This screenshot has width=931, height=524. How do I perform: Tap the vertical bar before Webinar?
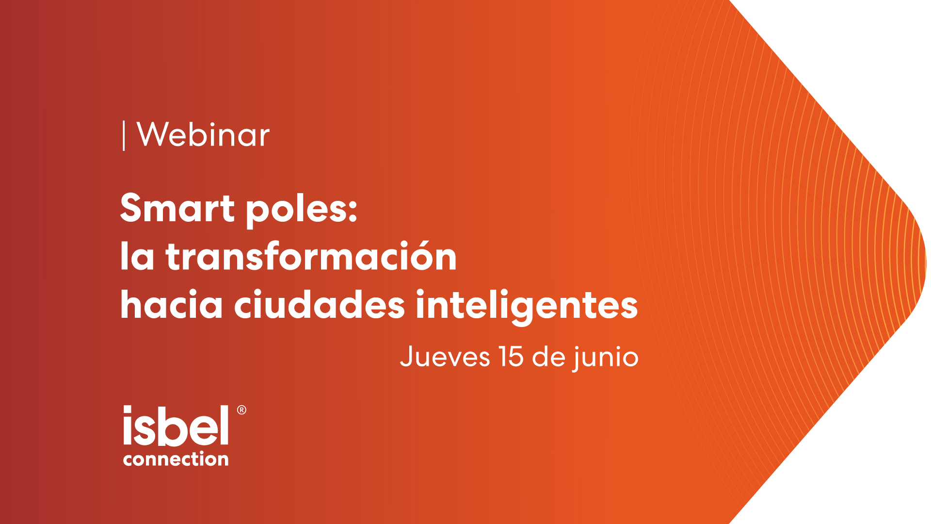124,136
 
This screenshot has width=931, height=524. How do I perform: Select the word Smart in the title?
177,208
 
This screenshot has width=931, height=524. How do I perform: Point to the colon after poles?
353,211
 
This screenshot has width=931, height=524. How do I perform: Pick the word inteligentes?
527,306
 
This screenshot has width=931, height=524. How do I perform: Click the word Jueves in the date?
445,357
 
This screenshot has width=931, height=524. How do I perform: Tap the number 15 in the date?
511,357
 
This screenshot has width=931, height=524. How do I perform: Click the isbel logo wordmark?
176,426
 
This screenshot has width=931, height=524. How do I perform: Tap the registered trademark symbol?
241,410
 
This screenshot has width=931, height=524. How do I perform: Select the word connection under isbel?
176,458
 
